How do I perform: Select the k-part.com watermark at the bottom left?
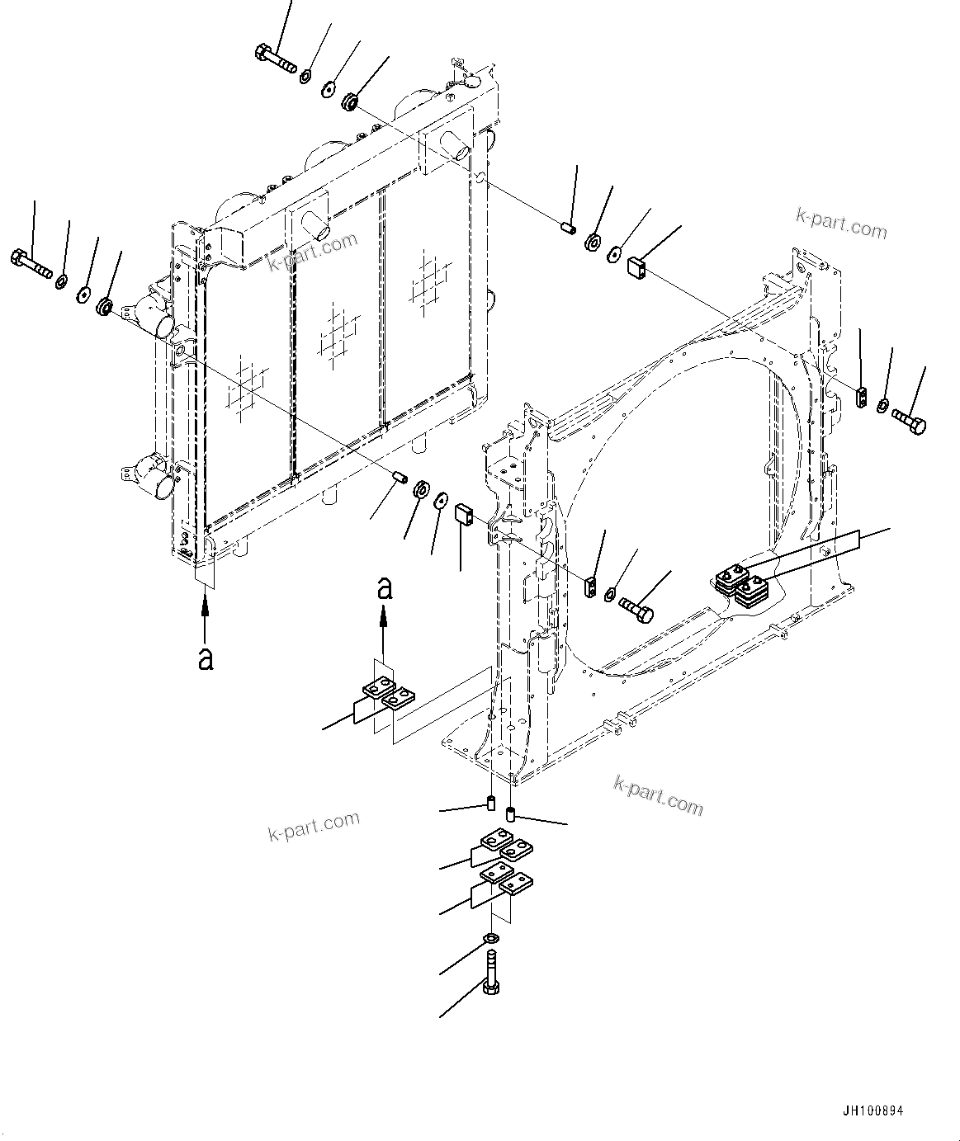pos(314,824)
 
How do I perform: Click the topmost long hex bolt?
pos(275,60)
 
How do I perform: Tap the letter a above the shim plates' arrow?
pos(384,587)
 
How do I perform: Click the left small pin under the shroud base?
pos(490,803)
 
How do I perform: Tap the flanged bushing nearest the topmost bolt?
pos(350,102)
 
